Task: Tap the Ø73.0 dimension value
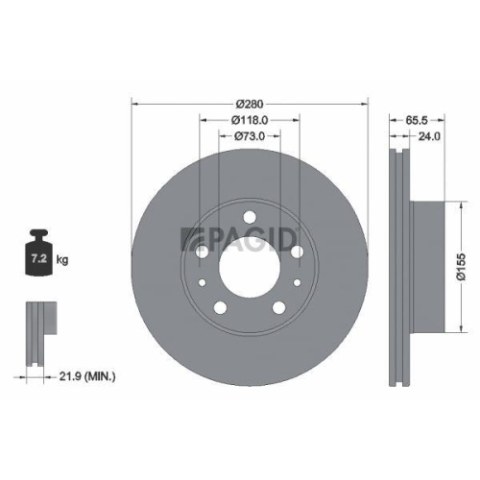coord(249,136)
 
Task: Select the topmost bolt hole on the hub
coord(249,216)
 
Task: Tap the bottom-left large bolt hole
coord(221,306)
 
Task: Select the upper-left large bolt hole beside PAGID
coord(204,252)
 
